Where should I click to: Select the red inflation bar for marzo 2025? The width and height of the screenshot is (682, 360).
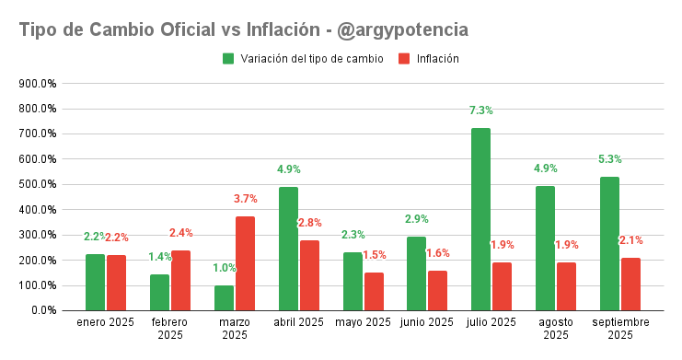click(x=245, y=263)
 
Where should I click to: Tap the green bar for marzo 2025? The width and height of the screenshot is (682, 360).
click(x=224, y=297)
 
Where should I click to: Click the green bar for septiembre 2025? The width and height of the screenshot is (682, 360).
click(x=609, y=243)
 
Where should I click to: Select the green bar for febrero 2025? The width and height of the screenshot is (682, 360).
click(x=160, y=292)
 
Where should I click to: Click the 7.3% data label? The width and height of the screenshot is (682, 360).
click(x=480, y=110)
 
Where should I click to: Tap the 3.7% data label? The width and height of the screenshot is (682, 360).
click(x=246, y=199)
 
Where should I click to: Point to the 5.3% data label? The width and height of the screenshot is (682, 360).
click(x=609, y=159)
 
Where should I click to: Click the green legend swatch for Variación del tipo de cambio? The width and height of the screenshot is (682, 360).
click(x=228, y=59)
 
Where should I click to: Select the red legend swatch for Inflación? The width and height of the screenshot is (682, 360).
click(x=404, y=59)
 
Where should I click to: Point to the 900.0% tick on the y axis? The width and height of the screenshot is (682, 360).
click(x=40, y=83)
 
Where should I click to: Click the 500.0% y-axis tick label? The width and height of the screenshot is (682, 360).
click(x=40, y=184)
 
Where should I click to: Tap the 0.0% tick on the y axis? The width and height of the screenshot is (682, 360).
click(x=45, y=310)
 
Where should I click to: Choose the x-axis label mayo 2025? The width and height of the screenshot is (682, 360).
click(x=363, y=322)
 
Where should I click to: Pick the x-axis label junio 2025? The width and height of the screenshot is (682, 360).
click(x=427, y=322)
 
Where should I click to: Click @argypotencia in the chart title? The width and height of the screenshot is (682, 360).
click(x=403, y=29)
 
